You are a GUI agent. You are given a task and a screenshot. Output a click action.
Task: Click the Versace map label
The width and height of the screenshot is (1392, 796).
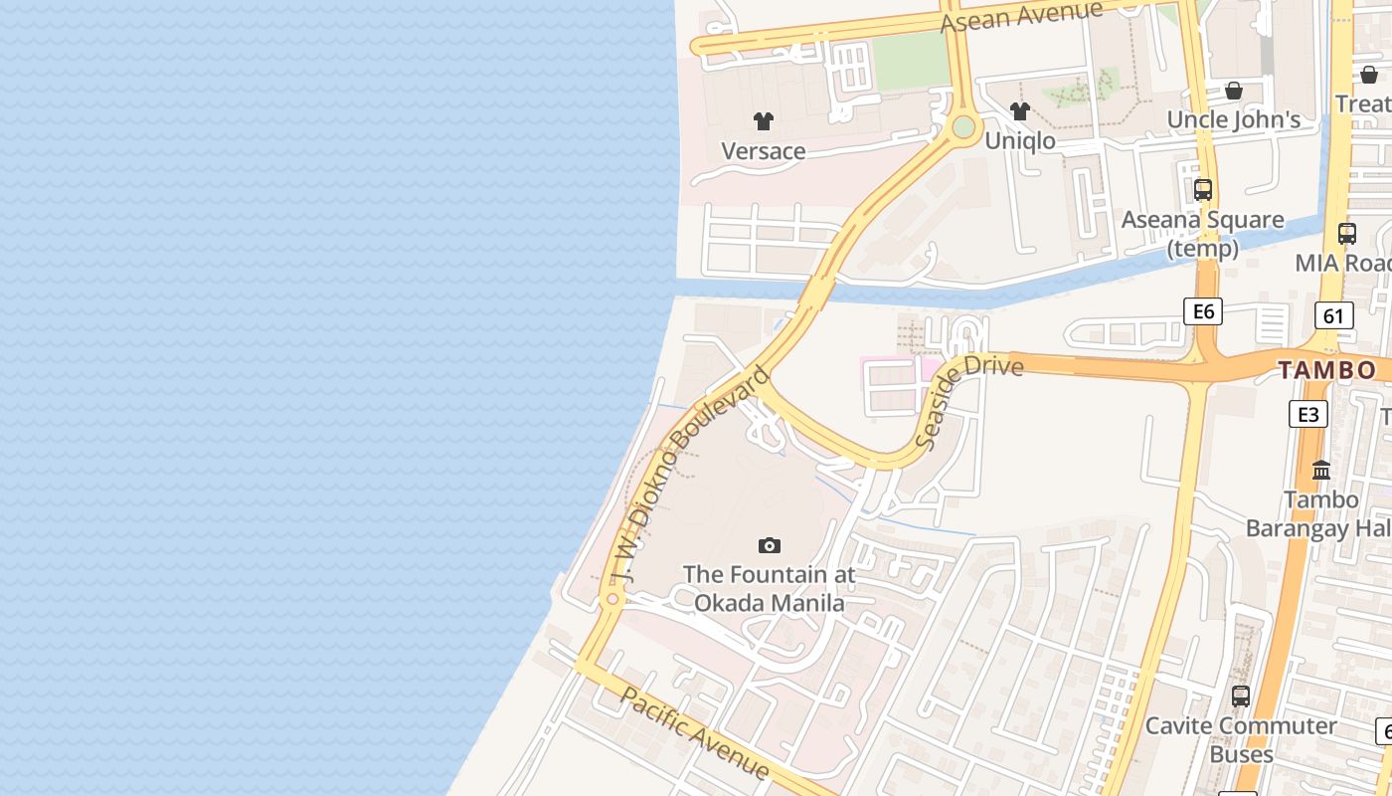(763, 151)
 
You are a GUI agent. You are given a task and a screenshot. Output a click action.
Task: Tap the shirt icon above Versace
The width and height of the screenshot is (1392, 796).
(763, 121)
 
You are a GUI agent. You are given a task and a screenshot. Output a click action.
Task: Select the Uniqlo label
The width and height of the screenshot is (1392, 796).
(1019, 141)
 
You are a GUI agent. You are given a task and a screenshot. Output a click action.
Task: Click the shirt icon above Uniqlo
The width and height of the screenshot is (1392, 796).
(1019, 111)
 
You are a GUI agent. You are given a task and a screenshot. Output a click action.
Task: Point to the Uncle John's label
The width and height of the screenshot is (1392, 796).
(1233, 120)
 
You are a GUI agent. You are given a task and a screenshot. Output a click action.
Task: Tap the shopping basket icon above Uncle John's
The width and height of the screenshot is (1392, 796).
(1233, 91)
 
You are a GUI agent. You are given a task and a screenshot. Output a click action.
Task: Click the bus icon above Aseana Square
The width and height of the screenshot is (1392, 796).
(1202, 189)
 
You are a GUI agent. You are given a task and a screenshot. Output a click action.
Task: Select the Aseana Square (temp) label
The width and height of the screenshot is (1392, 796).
(1202, 233)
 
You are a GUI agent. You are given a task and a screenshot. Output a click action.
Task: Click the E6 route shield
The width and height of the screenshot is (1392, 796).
(1203, 311)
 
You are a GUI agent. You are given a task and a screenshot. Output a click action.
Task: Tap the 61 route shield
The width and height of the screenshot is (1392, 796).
(1333, 316)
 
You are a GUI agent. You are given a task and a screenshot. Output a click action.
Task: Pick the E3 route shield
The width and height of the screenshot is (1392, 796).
(1308, 414)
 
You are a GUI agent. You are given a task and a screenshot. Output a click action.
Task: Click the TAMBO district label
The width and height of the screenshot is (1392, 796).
(1326, 371)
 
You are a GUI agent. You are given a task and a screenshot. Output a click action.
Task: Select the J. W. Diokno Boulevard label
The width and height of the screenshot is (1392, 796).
(690, 475)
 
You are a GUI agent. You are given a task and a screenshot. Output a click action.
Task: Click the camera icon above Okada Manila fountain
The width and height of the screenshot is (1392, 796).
(769, 545)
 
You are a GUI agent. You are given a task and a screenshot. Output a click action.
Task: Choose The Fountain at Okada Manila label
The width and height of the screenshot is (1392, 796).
(769, 589)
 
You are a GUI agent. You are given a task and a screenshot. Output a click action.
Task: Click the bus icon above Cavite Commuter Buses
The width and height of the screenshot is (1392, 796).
(1240, 696)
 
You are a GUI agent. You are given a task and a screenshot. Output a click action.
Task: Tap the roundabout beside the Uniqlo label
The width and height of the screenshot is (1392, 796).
(962, 126)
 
